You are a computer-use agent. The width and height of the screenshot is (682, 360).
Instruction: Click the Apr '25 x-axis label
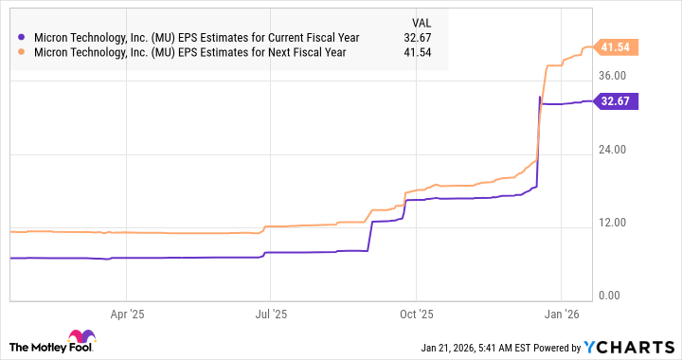(126, 311)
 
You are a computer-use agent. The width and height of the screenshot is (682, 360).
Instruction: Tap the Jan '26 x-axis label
(565, 311)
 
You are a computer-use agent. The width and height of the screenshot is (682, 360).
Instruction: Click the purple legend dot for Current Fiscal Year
(21, 37)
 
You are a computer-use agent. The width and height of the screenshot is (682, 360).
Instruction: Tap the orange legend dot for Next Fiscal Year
(21, 52)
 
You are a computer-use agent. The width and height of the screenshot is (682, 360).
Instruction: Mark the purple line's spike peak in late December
(539, 97)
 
